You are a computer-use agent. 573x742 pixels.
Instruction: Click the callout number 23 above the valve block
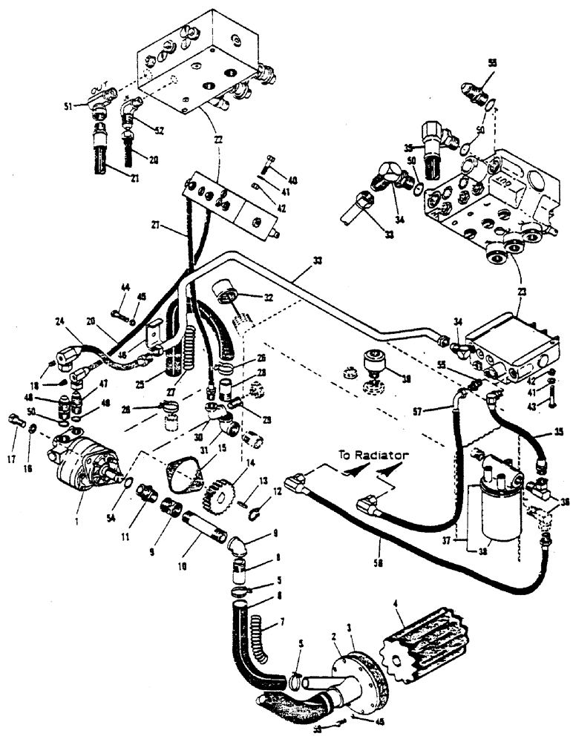point(524,293)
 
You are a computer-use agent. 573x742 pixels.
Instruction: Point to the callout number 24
point(60,323)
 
